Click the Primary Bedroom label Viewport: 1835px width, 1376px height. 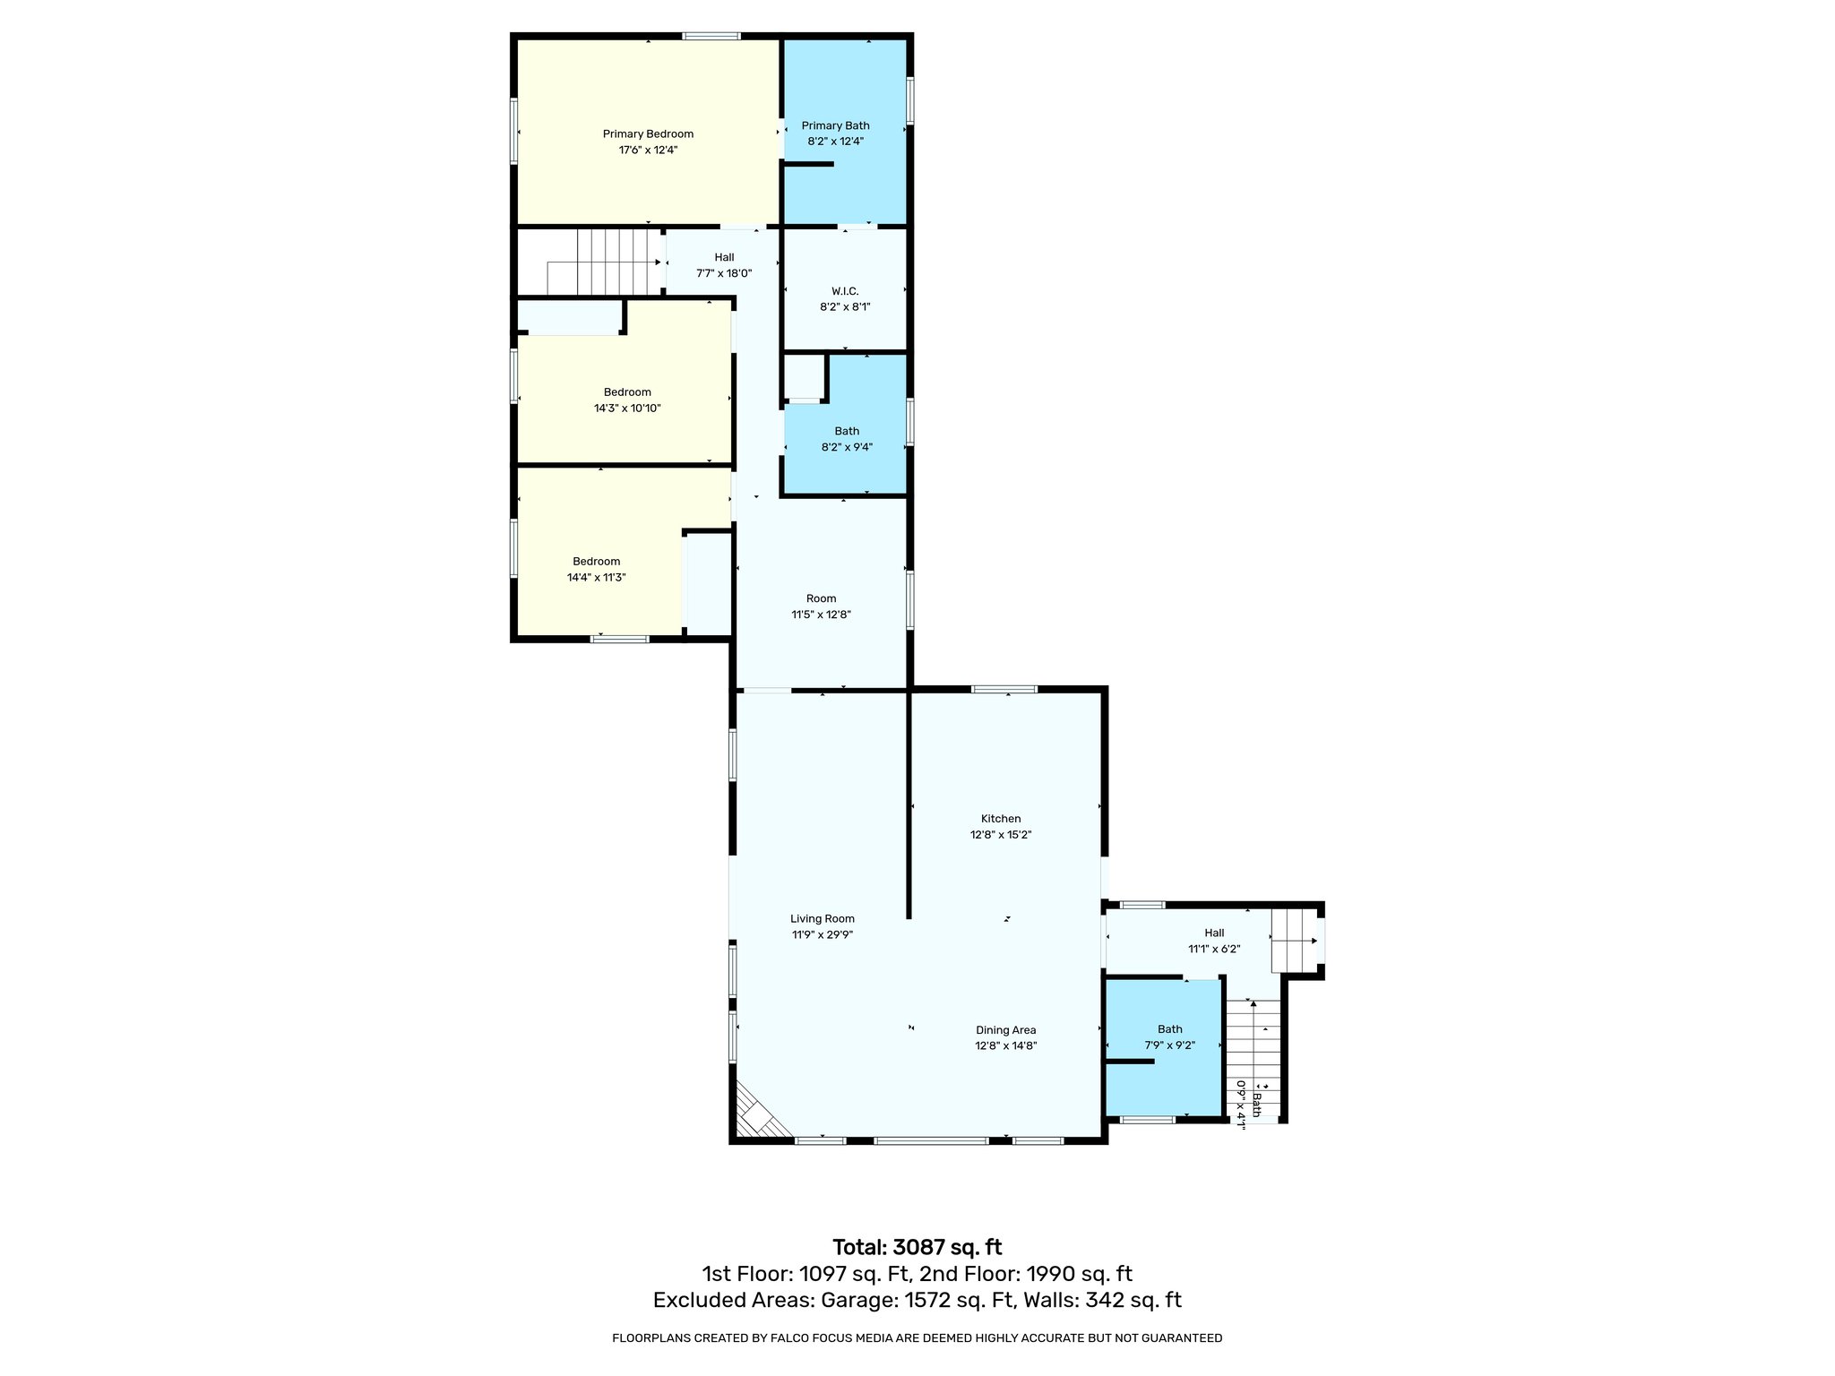[647, 134]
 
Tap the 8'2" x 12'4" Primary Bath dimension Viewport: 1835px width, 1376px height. [835, 142]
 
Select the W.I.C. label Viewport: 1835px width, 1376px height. [845, 291]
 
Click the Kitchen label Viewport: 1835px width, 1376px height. [1001, 819]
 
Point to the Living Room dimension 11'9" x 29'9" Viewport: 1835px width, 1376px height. [822, 934]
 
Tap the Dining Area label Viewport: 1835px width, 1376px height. [1005, 1030]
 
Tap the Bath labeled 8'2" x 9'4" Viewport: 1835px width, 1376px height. [847, 439]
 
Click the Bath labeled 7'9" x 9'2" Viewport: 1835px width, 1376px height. [1169, 1037]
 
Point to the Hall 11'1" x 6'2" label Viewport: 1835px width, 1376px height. [1214, 941]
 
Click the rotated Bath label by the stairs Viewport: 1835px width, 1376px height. [1256, 1105]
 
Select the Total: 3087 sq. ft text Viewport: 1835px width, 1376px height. [917, 1247]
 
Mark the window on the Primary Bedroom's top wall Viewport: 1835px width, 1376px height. [711, 36]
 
